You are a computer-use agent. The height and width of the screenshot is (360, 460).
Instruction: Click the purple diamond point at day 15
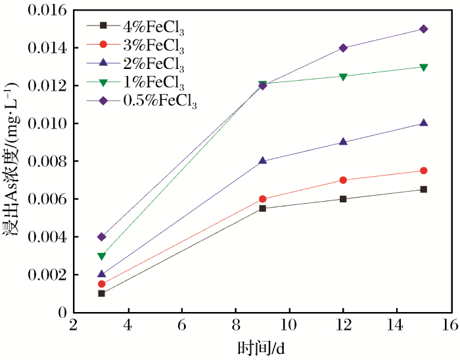tap(424, 29)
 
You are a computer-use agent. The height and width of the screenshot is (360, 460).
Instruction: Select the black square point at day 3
tap(101, 293)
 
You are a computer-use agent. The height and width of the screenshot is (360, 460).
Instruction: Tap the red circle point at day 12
tap(343, 180)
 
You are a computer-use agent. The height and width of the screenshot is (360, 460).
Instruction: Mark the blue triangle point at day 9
tap(262, 161)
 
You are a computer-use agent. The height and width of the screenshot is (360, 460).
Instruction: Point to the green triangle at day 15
tap(424, 67)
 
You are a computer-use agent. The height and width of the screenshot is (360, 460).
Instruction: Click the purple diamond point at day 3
tap(101, 236)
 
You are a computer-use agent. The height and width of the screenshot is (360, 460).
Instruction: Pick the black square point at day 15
tap(424, 189)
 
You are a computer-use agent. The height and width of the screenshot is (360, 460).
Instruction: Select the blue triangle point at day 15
tap(424, 123)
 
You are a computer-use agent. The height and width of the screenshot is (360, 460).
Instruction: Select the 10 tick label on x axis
tap(289, 325)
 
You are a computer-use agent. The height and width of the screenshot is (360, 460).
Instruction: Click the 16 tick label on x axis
tap(450, 325)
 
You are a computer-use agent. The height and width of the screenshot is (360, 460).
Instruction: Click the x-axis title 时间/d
tap(261, 347)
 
